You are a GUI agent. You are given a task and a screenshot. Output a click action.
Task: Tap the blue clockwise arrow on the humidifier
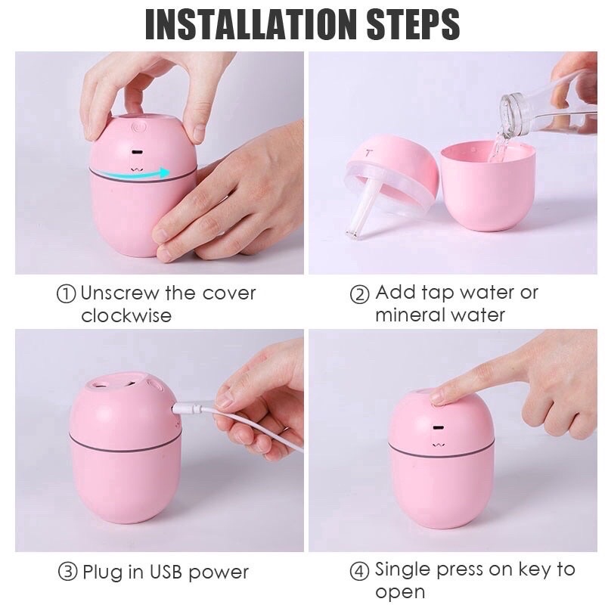click(x=139, y=175)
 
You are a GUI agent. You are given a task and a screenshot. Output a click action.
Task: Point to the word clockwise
click(x=126, y=315)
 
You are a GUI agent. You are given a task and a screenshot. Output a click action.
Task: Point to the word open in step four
click(x=400, y=591)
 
